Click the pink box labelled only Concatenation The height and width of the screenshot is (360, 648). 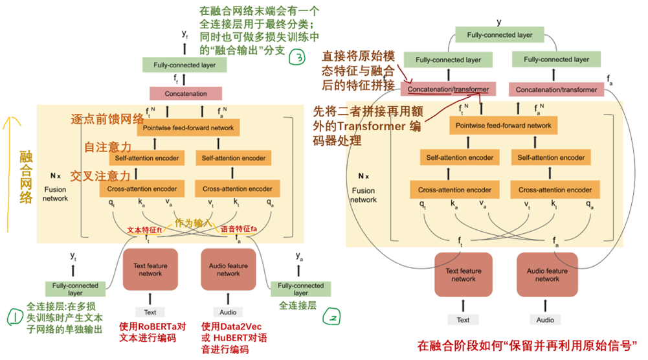tap(186, 93)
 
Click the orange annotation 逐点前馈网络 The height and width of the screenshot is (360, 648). tap(107, 119)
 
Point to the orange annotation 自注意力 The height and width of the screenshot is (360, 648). tap(107, 148)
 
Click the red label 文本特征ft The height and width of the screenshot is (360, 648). tap(144, 229)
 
